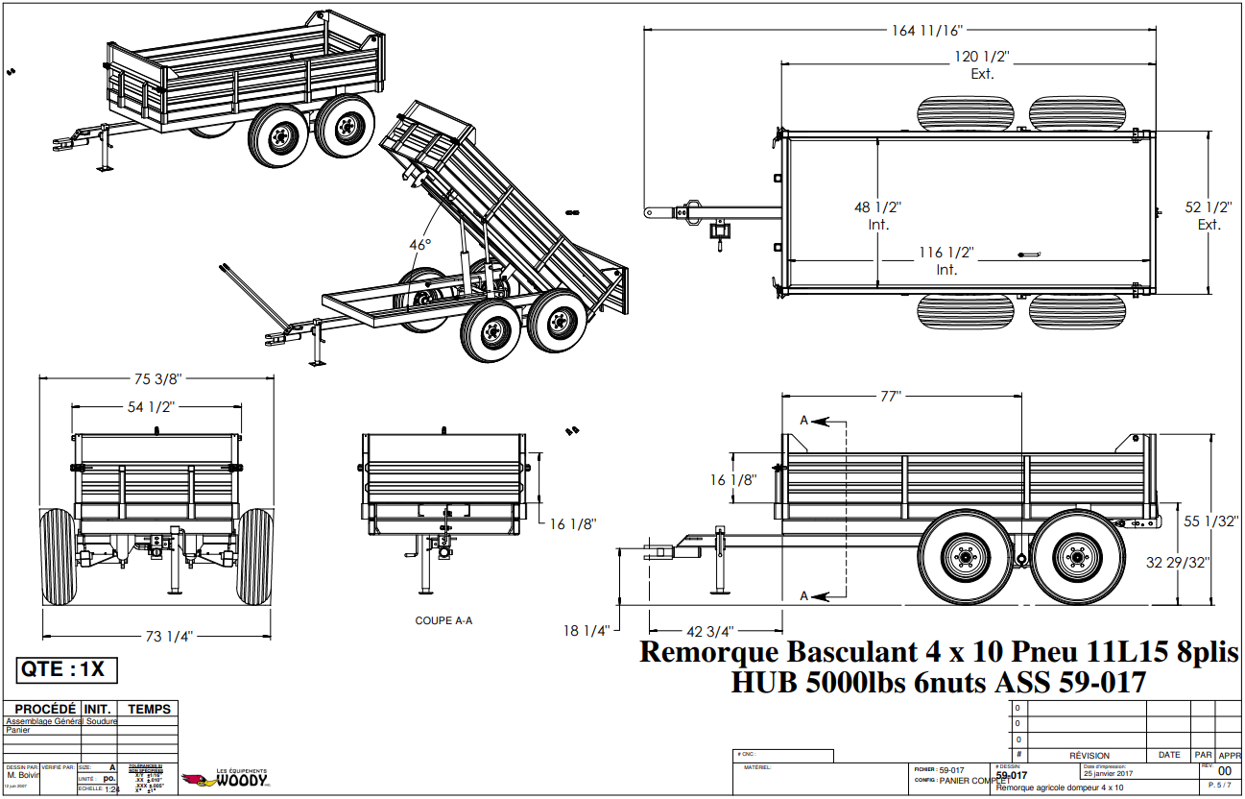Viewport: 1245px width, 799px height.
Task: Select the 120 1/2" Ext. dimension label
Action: coord(981,64)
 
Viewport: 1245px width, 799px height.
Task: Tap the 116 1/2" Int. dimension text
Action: coord(946,260)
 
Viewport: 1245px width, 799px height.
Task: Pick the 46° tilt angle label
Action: coord(420,245)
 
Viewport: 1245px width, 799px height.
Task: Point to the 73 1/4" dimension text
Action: coord(157,636)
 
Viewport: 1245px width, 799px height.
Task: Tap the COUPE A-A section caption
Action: coord(443,620)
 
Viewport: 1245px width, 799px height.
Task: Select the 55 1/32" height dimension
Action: coord(1209,521)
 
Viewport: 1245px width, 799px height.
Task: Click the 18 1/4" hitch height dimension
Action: coord(587,631)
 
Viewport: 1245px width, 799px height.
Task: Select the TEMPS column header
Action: coord(149,710)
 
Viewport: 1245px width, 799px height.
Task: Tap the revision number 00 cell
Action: coord(1224,771)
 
